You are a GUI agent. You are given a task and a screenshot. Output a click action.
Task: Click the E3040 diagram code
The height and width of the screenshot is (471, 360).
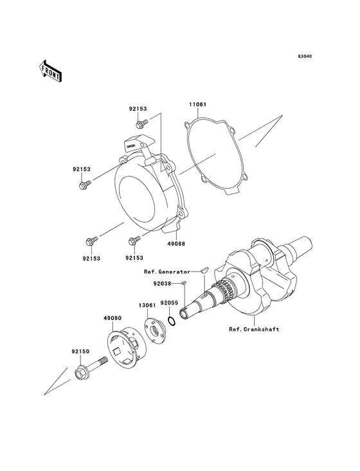click(x=305, y=57)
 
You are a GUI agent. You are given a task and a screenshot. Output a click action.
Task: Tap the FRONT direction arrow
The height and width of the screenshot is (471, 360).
click(x=51, y=70)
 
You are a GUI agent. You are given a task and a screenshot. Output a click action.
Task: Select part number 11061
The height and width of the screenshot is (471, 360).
click(x=197, y=103)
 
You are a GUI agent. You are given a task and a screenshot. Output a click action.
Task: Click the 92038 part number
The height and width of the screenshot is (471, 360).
click(x=161, y=282)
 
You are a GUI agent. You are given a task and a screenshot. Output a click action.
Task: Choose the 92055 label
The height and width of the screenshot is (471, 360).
click(x=169, y=302)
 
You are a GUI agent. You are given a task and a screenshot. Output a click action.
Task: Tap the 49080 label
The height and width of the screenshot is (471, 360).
click(x=113, y=317)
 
